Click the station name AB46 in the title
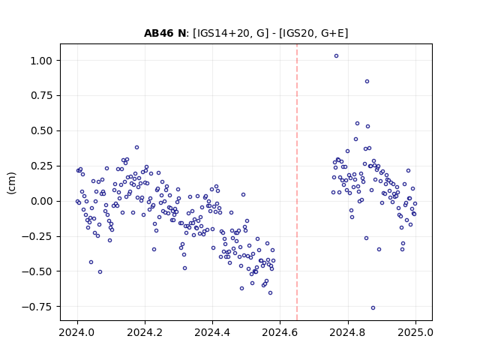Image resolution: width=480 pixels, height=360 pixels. (x=158, y=33)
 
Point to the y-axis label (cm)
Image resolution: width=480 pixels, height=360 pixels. (x=12, y=183)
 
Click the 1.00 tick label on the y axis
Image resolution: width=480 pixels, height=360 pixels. (x=41, y=61)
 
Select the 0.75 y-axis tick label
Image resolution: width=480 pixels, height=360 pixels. (x=41, y=96)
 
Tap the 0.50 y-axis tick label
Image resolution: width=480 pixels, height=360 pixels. (x=41, y=131)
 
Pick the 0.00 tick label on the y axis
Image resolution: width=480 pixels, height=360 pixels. (x=41, y=202)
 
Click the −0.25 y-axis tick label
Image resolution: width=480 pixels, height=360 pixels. (x=37, y=237)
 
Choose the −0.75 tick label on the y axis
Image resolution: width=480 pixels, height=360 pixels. (x=37, y=307)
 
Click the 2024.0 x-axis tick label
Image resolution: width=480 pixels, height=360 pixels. (x=77, y=332)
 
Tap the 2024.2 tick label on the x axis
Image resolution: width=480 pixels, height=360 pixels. (x=145, y=332)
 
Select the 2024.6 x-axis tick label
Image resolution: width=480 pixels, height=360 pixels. (x=280, y=332)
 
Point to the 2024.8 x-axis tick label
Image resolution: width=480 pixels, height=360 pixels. (x=347, y=332)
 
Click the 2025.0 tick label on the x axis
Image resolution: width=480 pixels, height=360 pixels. (x=415, y=332)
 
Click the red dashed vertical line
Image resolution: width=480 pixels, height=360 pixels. (x=297, y=182)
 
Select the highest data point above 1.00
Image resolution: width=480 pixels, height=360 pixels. (x=336, y=56)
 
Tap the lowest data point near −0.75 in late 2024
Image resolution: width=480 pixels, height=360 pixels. (x=373, y=308)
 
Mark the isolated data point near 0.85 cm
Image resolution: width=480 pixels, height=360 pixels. (x=367, y=82)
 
